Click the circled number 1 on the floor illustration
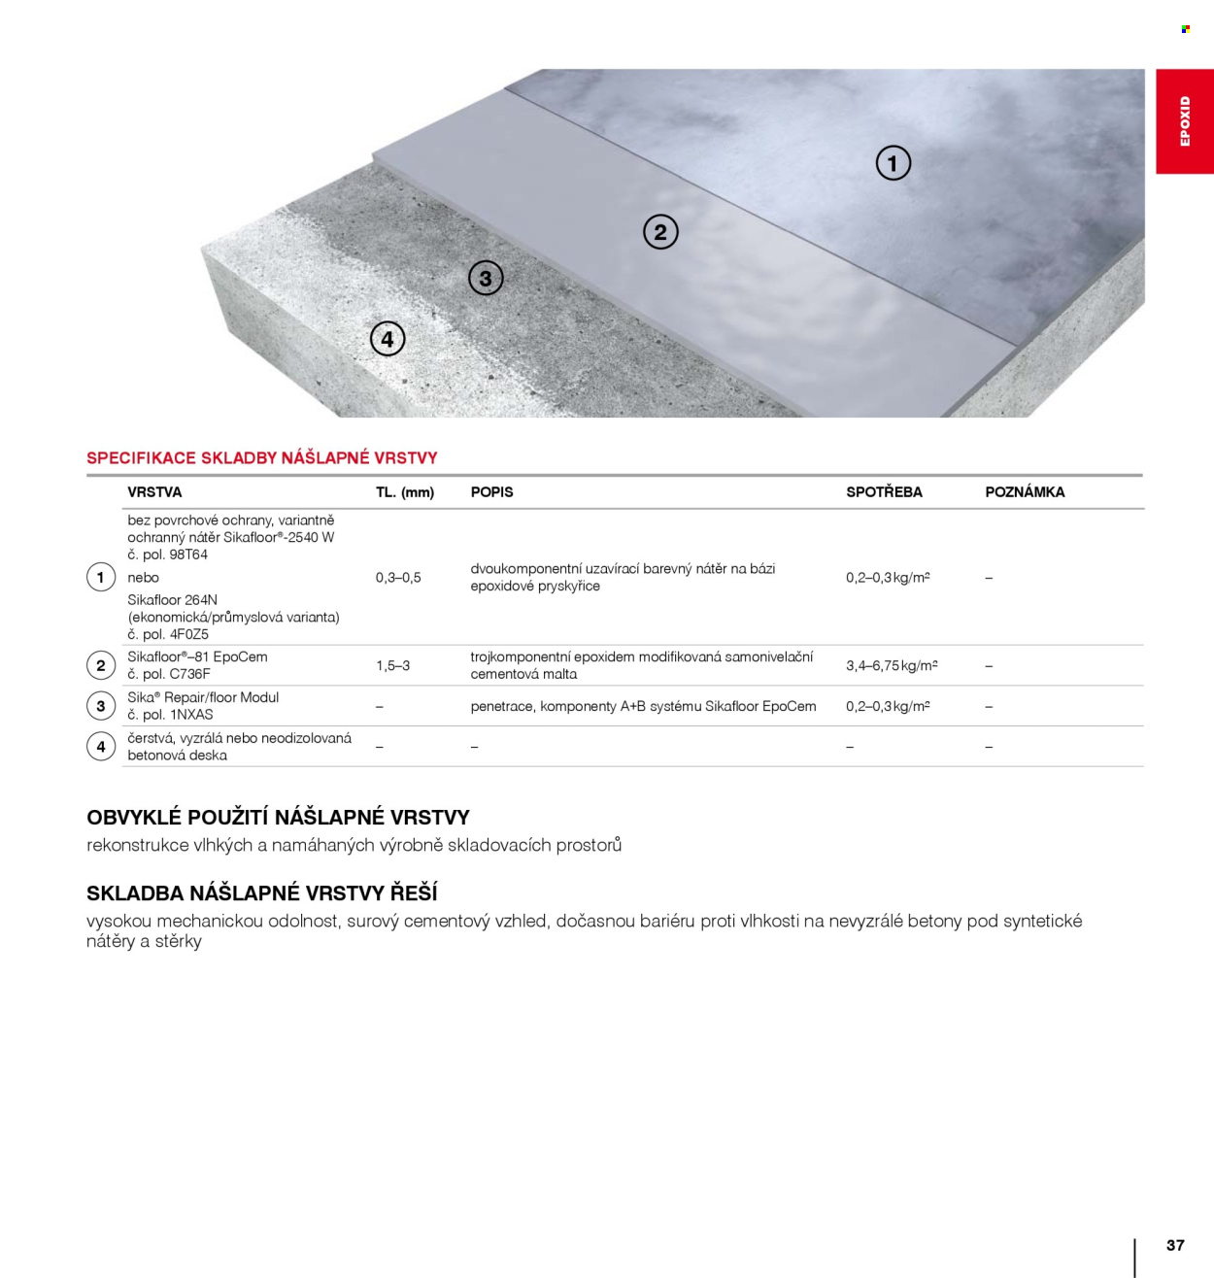click(894, 163)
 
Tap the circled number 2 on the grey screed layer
click(660, 232)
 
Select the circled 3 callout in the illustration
click(486, 279)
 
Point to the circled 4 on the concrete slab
click(388, 339)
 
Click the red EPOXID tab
click(1185, 121)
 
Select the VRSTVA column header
click(154, 492)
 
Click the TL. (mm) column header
click(405, 492)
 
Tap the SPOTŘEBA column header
click(884, 492)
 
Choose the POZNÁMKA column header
click(1025, 492)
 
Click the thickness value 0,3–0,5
click(398, 578)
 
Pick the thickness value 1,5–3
click(392, 666)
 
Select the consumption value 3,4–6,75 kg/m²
click(892, 666)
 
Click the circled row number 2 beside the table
click(101, 666)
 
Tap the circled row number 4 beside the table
click(101, 747)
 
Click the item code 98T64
click(188, 555)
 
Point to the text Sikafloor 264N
click(173, 600)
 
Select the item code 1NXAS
click(191, 715)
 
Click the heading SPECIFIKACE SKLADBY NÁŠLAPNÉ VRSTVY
click(262, 458)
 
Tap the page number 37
click(1175, 1245)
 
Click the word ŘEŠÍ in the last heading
click(414, 893)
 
